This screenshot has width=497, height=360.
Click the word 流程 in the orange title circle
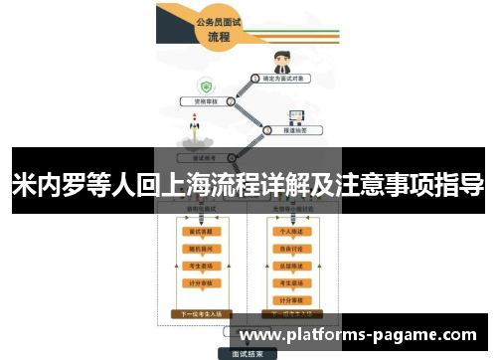click(x=219, y=37)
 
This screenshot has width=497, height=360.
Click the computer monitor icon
click(x=295, y=116)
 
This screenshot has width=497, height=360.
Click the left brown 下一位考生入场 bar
click(x=201, y=312)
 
